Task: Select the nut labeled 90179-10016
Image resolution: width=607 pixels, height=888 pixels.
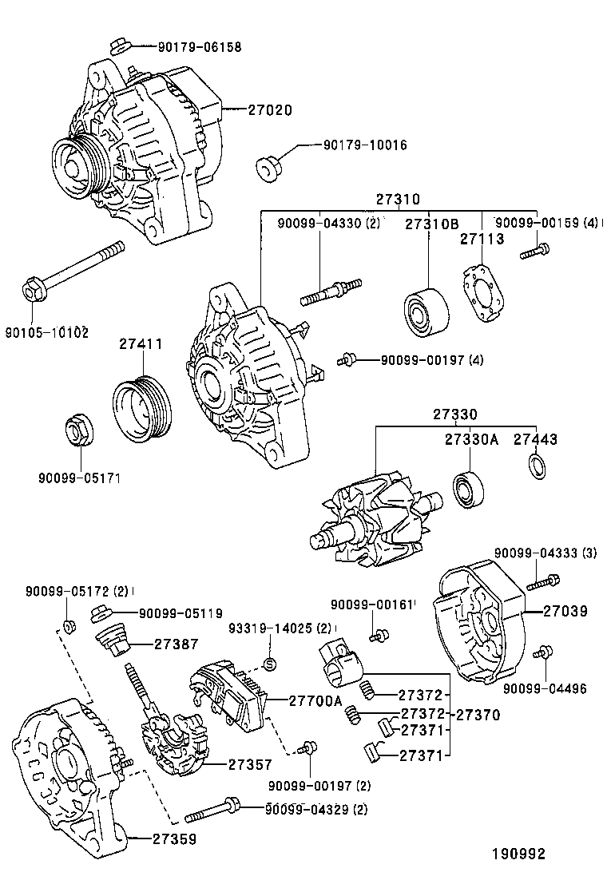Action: pyautogui.click(x=267, y=168)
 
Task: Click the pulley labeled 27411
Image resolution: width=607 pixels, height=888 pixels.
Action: pyautogui.click(x=142, y=408)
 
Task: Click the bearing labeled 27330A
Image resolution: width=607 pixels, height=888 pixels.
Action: pyautogui.click(x=466, y=489)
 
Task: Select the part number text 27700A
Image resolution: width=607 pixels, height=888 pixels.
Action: pyautogui.click(x=315, y=700)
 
